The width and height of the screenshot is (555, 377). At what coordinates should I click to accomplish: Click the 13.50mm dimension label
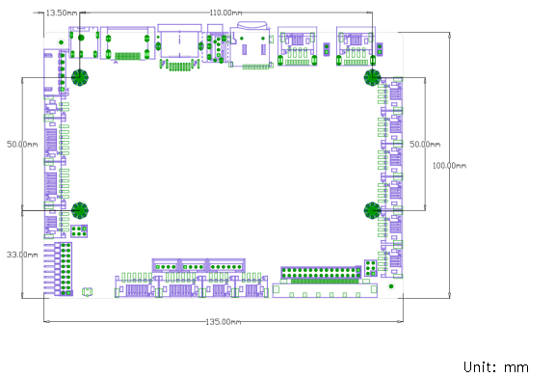[x=62, y=13]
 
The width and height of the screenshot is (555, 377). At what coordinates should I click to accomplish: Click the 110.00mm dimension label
[x=225, y=13]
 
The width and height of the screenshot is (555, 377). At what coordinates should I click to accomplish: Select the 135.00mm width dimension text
[x=224, y=322]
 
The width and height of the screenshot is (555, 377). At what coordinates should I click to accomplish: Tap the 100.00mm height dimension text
[x=450, y=166]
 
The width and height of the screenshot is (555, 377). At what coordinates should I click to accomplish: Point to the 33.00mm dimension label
[x=22, y=255]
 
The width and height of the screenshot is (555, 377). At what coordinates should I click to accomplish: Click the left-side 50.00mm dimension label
[x=22, y=145]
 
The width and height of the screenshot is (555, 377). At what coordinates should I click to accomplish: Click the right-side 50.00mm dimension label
[x=425, y=145]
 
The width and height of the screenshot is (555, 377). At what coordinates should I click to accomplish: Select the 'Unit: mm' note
[x=496, y=367]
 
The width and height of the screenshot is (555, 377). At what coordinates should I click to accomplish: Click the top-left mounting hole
[x=80, y=77]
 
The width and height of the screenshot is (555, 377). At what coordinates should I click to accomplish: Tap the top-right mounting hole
[x=372, y=77]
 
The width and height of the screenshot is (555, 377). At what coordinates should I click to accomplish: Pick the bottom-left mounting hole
[x=80, y=210]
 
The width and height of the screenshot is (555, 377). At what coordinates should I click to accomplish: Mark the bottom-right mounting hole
[x=372, y=210]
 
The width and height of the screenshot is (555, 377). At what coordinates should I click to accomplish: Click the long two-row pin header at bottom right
[x=321, y=273]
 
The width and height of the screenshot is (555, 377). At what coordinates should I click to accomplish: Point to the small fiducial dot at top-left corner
[x=62, y=42]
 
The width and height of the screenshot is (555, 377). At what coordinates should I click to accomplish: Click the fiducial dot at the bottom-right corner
[x=391, y=286]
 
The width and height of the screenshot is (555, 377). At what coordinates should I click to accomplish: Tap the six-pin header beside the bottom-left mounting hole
[x=79, y=231]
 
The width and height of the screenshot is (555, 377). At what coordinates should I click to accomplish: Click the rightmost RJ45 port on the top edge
[x=356, y=46]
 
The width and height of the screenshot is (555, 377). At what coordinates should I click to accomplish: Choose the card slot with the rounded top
[x=251, y=44]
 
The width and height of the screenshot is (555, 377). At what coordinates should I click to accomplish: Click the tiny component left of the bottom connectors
[x=88, y=292]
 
